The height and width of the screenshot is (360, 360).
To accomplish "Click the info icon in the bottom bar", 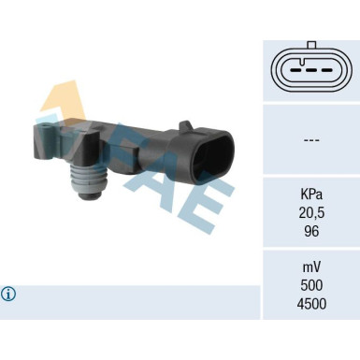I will pos(9,294).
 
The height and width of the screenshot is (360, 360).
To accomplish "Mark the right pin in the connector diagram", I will pos(327,72).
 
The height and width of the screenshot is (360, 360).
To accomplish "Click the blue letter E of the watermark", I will pos(210,201).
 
